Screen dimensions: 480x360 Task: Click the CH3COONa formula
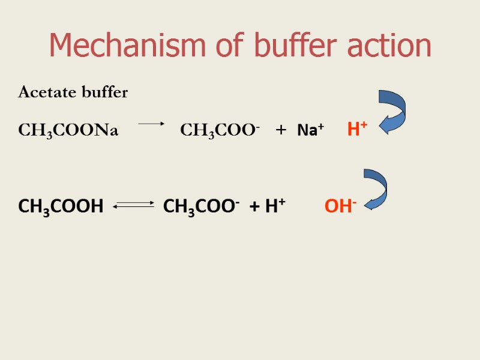[x=68, y=130]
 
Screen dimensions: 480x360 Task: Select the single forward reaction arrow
[x=151, y=124]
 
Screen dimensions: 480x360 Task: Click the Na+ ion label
[x=311, y=130]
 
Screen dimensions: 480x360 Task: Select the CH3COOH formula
[x=61, y=208]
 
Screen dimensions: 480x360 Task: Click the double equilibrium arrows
[x=133, y=206]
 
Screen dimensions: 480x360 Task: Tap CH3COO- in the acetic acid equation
[x=201, y=208]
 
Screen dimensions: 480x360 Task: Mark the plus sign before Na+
[x=281, y=131]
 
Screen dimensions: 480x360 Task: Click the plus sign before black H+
[x=255, y=208]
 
